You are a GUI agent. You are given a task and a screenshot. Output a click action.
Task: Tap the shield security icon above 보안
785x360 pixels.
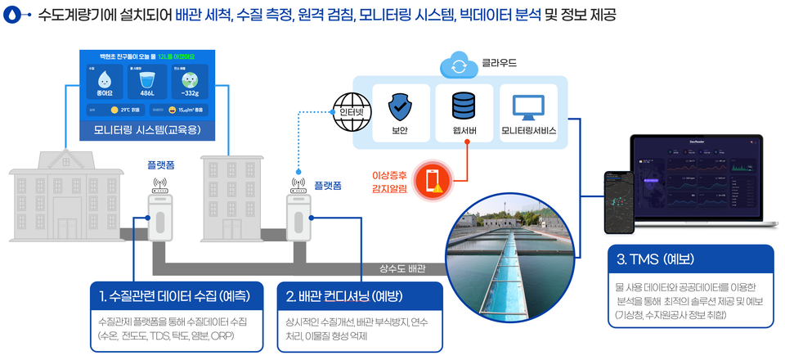tap(400, 106)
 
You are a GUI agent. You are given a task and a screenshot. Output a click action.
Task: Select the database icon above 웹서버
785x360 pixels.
tap(463, 106)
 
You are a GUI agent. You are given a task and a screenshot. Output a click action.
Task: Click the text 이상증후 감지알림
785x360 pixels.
tap(390, 182)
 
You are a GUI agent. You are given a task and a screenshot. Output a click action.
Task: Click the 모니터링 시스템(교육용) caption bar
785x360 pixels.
tap(148, 130)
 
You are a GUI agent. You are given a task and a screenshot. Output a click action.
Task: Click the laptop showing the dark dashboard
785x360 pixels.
tap(700, 180)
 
